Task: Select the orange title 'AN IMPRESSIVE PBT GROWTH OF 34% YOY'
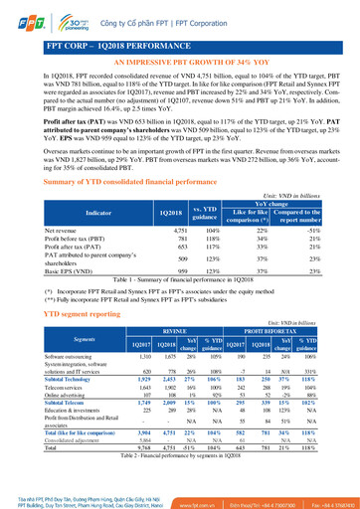(x=179, y=63)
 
